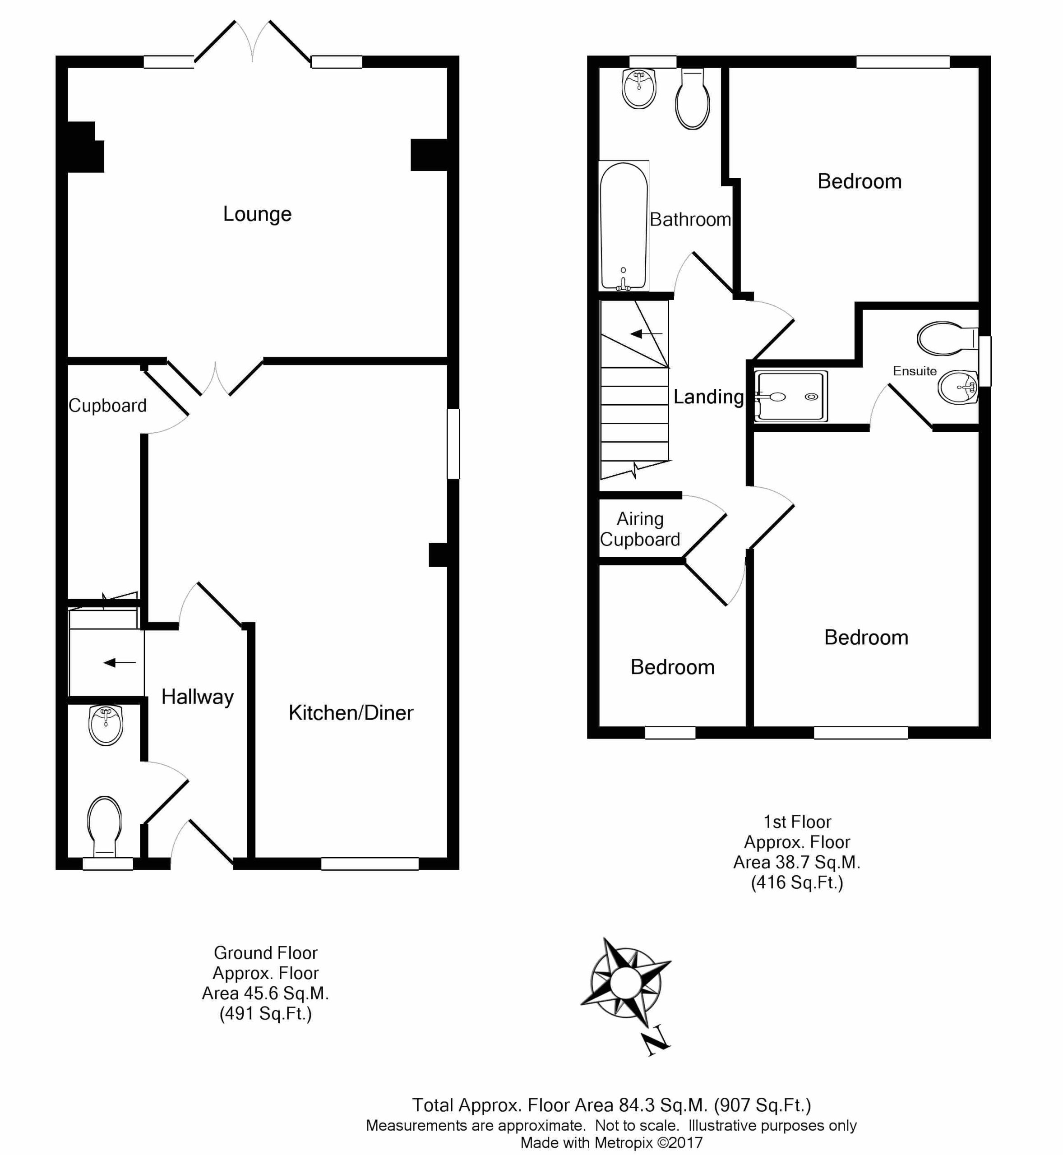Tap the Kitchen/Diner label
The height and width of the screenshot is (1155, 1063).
[x=351, y=713]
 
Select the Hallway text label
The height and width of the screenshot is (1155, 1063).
[x=197, y=698]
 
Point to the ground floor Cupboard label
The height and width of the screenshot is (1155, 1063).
[x=107, y=406]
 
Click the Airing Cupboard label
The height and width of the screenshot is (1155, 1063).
[x=640, y=529]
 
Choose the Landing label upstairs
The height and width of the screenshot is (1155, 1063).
[x=709, y=397]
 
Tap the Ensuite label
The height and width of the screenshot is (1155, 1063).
[x=915, y=371]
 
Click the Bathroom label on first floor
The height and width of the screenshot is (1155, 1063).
[x=690, y=219]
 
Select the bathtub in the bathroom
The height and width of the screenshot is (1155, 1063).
[x=624, y=226]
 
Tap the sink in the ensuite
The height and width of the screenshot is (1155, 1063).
[x=958, y=387]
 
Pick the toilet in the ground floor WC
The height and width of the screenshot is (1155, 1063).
[x=105, y=828]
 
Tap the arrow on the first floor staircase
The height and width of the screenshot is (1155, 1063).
[x=647, y=333]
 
